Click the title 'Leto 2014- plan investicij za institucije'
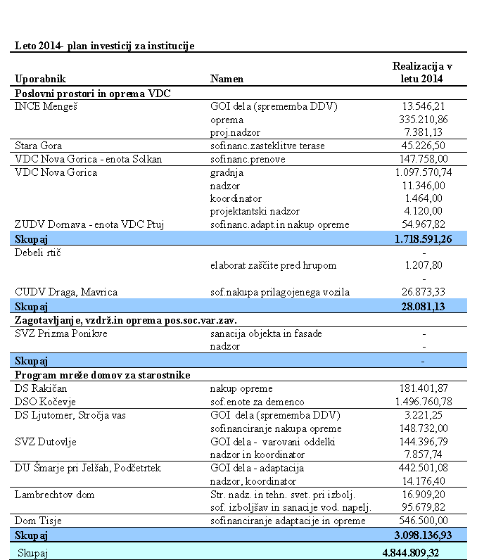click(105, 45)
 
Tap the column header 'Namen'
click(227, 79)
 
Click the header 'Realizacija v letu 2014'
click(422, 72)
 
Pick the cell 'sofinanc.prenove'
click(246, 159)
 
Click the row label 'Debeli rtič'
click(38, 253)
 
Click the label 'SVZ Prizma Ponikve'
click(61, 333)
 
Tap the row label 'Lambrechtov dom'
click(54, 495)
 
